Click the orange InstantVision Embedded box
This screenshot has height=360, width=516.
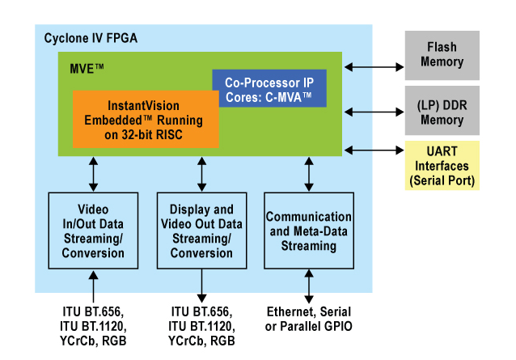coord(146,119)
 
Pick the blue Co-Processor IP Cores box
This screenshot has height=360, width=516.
coord(269,88)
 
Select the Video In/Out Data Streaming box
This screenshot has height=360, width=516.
coord(95,231)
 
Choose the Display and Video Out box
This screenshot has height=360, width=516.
coord(201,231)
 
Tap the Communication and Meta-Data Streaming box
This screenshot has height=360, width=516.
coord(308,231)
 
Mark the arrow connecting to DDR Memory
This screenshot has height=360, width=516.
coord(374,108)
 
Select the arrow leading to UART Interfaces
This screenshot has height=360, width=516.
coord(374,150)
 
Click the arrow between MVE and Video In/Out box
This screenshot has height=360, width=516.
coord(95,173)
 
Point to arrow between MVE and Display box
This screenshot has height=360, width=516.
coord(201,173)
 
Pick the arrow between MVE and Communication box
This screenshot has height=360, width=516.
coord(308,173)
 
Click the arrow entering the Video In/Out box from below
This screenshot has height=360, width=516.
coord(95,287)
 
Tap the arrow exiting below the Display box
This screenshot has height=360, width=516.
coord(201,287)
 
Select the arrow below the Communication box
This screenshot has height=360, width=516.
coord(308,287)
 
